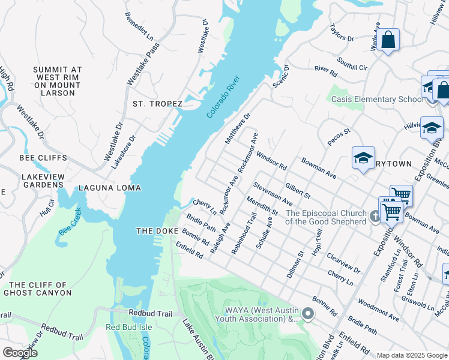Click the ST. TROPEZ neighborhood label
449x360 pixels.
pos(157,104)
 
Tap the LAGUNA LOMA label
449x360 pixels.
pos(106,188)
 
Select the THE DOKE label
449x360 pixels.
pos(157,231)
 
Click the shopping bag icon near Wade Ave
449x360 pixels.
pos(388,41)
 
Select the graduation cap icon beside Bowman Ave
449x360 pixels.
pos(363,158)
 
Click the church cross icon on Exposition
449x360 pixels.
pos(375,216)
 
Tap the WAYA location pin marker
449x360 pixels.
pos(308,313)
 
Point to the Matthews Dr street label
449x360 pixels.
pos(237,128)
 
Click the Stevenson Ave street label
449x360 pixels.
pos(273,194)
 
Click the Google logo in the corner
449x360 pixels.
pos(20,352)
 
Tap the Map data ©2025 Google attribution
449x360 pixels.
pos(412,355)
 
